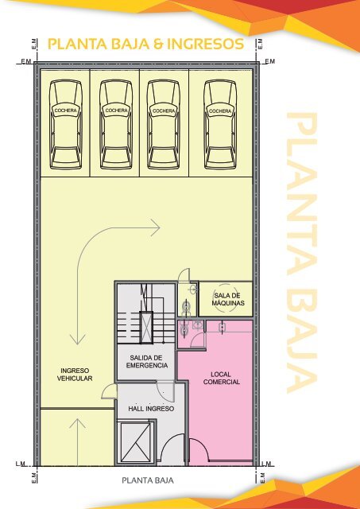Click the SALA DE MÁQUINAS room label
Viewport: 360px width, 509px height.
pos(228,299)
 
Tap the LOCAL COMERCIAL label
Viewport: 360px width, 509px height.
pos(222,379)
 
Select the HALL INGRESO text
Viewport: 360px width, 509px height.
pos(151,409)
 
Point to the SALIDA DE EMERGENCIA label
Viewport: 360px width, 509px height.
pos(147,362)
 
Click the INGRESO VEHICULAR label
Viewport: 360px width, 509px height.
pos(75,375)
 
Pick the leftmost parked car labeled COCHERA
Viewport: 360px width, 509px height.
pos(66,125)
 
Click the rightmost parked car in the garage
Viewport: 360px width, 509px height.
pos(220,125)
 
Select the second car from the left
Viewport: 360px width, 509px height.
pos(116,125)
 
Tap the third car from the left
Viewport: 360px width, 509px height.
pos(164,125)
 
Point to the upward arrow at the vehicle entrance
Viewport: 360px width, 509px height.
pos(78,442)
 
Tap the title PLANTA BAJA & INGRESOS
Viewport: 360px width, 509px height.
pos(145,45)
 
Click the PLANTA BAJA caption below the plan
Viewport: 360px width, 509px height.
pos(148,480)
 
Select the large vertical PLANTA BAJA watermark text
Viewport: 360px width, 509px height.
pos(302,252)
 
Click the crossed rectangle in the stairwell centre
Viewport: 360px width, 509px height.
pos(146,327)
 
